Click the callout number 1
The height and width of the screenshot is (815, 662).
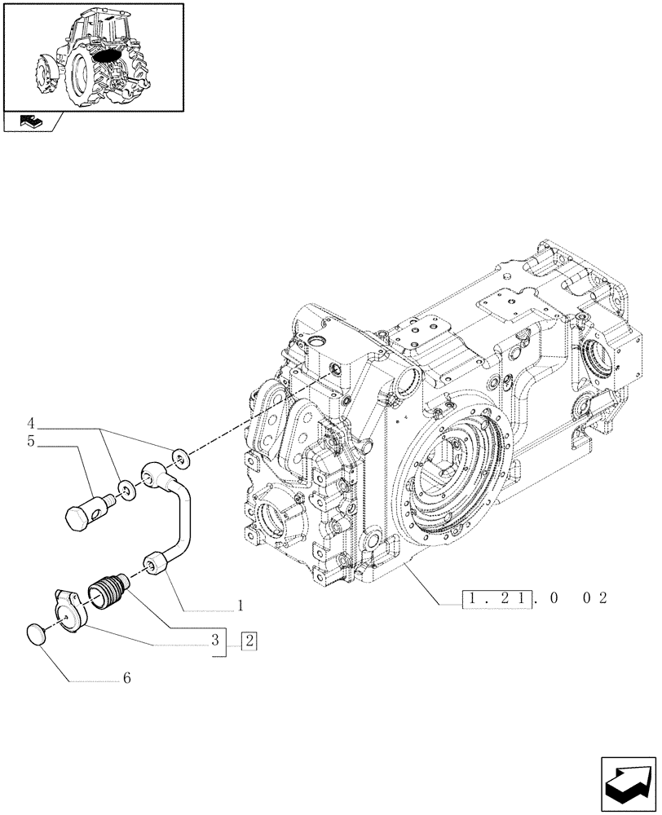pos(241,606)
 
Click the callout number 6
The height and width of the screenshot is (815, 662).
pos(127,678)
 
